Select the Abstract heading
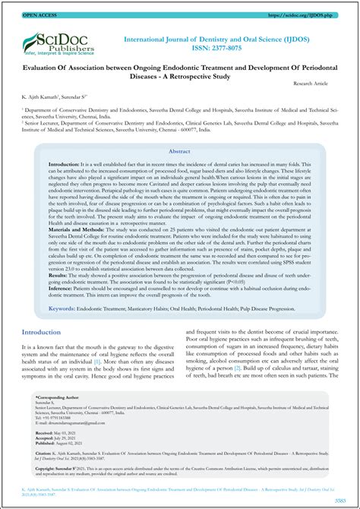tap(179, 152)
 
